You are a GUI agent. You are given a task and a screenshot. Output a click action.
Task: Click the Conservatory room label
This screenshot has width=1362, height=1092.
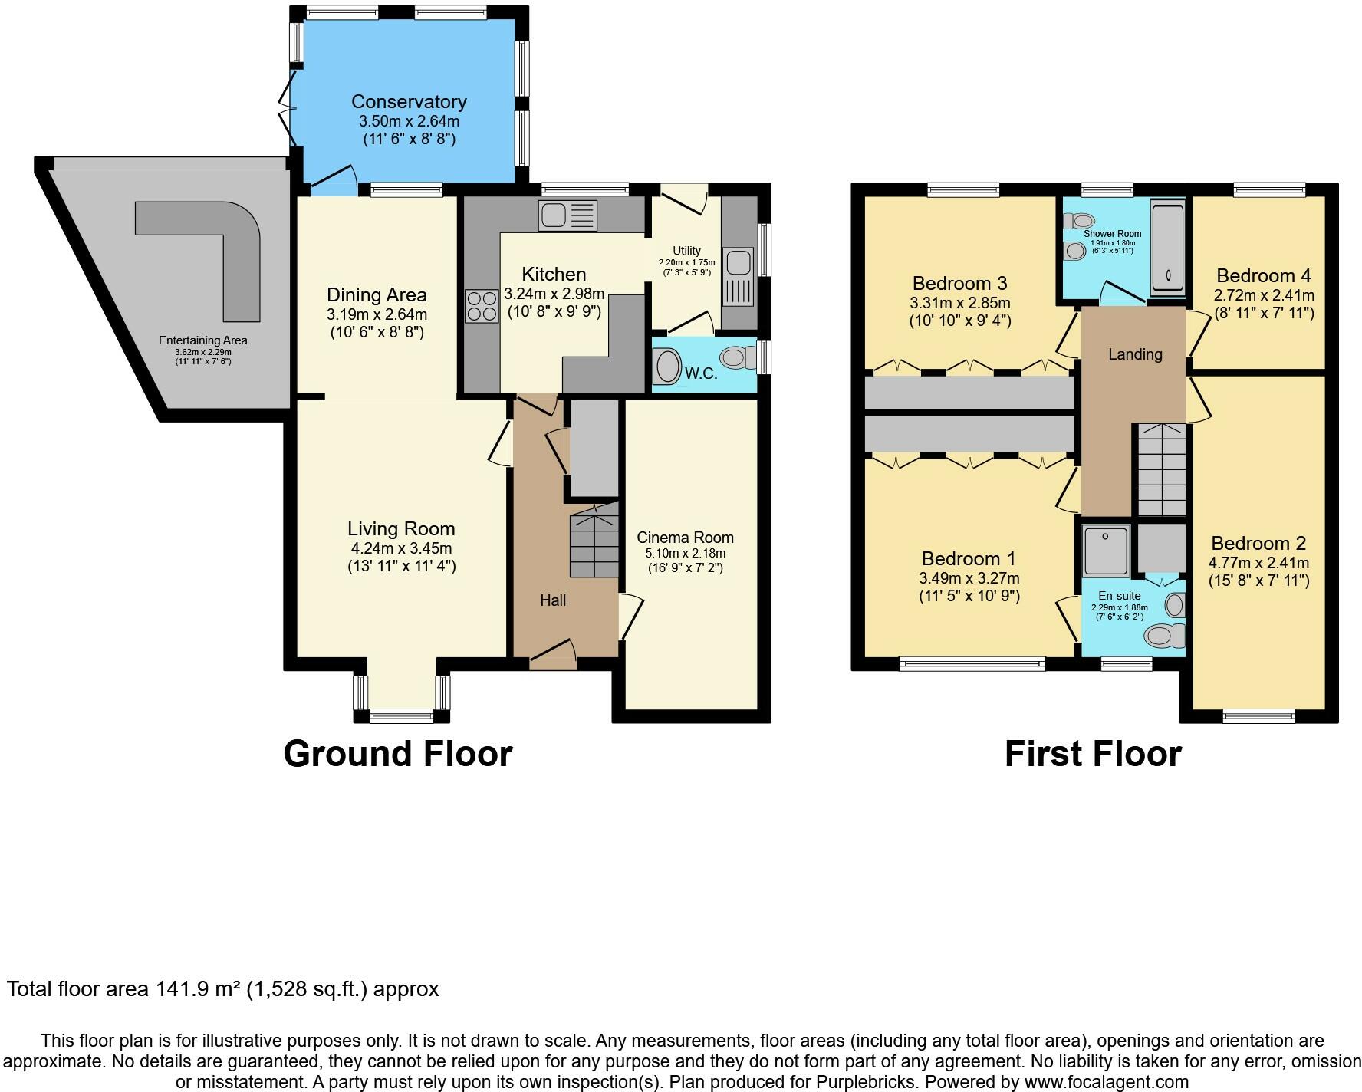(409, 102)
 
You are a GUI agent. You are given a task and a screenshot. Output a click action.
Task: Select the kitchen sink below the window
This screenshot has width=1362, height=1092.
(567, 215)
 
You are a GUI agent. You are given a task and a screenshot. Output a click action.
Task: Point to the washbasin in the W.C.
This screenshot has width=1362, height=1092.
(667, 367)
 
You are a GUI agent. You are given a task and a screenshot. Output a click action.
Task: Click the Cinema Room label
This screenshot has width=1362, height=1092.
(685, 538)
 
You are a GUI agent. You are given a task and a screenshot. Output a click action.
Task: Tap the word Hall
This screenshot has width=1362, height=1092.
(553, 600)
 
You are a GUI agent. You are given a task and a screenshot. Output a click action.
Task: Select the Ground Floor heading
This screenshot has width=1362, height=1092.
(398, 754)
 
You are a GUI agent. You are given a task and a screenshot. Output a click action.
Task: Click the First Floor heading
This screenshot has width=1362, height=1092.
(1093, 754)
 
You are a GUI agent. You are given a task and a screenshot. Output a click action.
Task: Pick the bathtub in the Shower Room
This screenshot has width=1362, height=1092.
(1168, 247)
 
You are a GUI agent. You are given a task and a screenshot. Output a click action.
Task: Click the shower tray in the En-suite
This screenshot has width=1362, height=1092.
(1106, 550)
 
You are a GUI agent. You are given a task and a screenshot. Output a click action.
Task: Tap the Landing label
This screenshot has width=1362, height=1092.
(1135, 354)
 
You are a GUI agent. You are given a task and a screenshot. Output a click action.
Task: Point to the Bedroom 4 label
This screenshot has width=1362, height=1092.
(1264, 275)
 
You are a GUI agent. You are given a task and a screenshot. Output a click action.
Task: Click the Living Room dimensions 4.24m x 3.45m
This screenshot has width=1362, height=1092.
(401, 548)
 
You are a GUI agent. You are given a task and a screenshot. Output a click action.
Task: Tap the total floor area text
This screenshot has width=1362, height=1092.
(223, 989)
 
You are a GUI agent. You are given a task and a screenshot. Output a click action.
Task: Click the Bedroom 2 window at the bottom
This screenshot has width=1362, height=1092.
(1258, 717)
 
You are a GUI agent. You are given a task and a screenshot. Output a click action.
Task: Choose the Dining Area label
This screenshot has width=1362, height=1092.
(377, 295)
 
